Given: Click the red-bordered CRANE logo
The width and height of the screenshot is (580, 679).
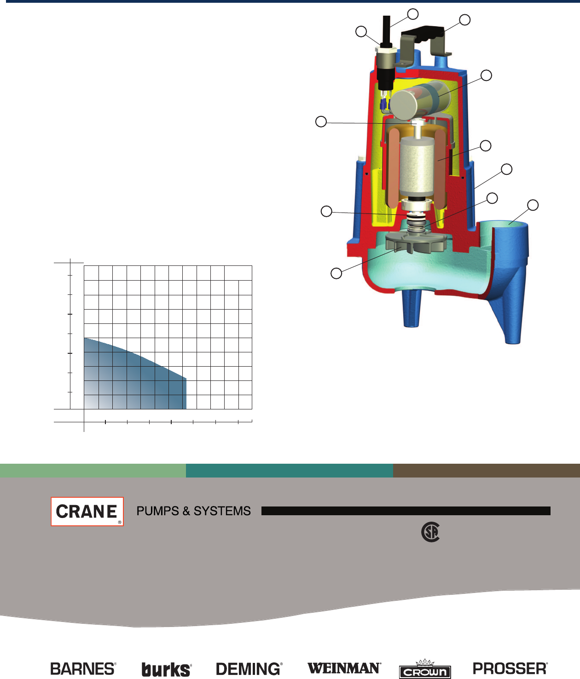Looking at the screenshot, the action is (87, 511).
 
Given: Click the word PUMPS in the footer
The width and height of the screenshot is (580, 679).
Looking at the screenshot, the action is (157, 511).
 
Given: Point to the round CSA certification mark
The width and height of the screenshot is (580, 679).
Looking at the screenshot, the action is (430, 532).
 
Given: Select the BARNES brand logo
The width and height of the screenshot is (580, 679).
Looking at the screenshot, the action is (83, 668).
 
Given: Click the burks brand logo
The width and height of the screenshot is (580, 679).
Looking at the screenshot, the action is (166, 669).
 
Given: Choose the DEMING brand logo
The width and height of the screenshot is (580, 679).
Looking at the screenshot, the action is (249, 668).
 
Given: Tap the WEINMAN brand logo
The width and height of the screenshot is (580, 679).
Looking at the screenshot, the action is (344, 668).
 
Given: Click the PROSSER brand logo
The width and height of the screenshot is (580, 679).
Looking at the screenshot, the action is (510, 668).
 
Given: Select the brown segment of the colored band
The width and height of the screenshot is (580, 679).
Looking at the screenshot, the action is (486, 471).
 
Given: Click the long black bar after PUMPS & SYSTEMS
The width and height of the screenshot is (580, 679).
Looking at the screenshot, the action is (406, 511).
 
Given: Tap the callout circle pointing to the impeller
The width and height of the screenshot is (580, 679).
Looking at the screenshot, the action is (336, 273).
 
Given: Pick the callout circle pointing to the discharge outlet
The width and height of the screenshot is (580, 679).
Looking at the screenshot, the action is (533, 205).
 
